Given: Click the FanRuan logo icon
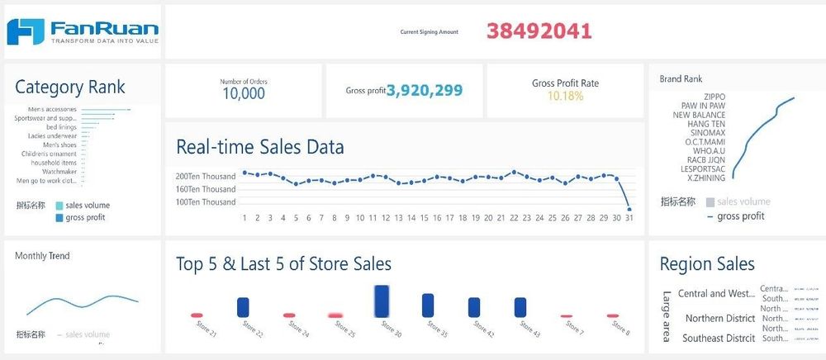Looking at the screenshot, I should (x=25, y=31).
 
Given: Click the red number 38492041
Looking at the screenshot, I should (x=539, y=31).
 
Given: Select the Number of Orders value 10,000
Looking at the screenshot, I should (x=244, y=93).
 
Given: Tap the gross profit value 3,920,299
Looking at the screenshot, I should (x=425, y=91).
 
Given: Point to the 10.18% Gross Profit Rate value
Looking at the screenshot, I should (x=565, y=96).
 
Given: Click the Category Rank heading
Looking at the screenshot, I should (x=70, y=88).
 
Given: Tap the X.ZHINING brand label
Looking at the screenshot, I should (x=706, y=178).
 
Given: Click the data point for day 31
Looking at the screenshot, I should (x=629, y=208).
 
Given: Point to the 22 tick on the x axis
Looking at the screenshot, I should (x=514, y=218).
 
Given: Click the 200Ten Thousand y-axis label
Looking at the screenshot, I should (x=206, y=177).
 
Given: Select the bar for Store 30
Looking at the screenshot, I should (x=382, y=301).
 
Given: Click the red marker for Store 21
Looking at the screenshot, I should (x=197, y=315).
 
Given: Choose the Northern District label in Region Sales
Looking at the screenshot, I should (x=719, y=319).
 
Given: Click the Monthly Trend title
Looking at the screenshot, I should (x=42, y=256).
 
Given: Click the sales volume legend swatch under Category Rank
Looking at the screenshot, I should (x=59, y=206).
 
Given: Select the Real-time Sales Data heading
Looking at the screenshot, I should (x=260, y=147).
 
